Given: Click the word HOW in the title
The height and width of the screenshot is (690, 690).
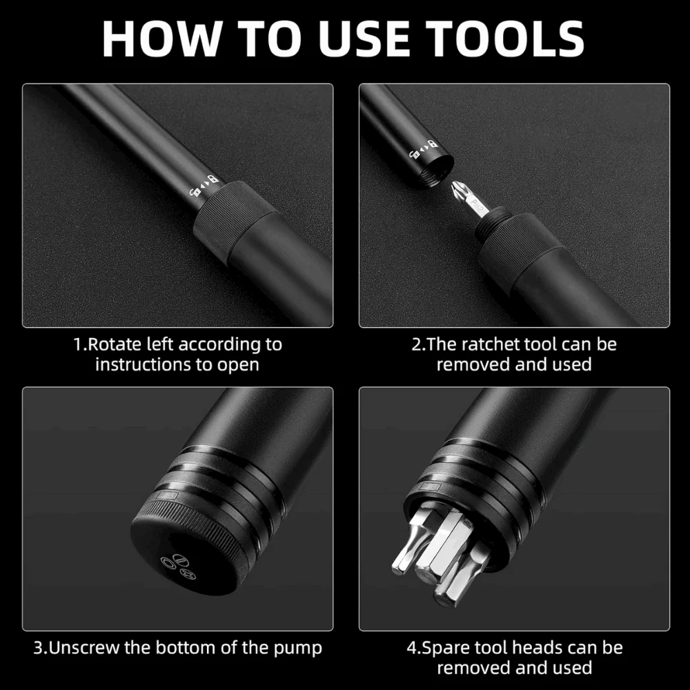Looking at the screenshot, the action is point(161,39).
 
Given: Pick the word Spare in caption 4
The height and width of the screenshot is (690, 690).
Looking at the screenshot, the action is point(443,649).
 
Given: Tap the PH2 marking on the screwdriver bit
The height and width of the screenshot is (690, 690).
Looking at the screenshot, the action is point(477,205).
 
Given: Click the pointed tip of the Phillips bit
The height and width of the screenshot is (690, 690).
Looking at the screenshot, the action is point(453,184).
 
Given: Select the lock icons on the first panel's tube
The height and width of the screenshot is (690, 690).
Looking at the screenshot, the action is point(204,186).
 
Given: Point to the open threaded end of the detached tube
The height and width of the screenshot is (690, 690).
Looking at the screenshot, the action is point(431,170).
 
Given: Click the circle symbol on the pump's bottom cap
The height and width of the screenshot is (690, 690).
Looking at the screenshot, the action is point(168,563).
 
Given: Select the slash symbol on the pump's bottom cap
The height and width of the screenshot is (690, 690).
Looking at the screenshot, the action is point(181,560).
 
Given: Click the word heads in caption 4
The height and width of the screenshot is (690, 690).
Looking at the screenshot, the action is point(555,648).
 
